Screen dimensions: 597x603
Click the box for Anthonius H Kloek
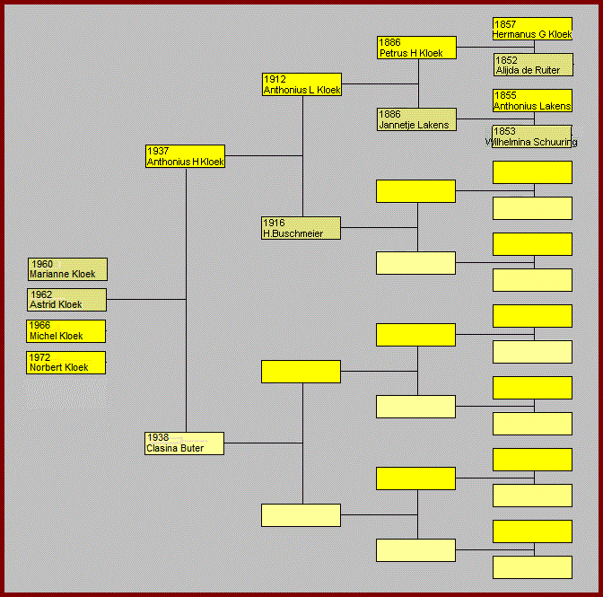point(185,156)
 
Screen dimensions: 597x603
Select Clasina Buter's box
point(184,443)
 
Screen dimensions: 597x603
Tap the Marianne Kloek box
point(67,269)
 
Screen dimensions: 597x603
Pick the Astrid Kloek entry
point(66,300)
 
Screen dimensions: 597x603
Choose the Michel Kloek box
point(66,331)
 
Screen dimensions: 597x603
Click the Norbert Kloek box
point(66,363)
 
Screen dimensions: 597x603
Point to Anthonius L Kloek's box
point(301,84)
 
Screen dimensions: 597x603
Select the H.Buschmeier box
point(301,228)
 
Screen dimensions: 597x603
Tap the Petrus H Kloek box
point(416,48)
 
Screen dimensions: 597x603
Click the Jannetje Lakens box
point(416,119)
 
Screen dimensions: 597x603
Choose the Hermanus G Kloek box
point(532,29)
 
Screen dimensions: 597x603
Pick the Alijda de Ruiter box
point(532,65)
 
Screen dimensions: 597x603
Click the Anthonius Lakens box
point(532,101)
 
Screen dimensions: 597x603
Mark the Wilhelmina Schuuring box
point(532,136)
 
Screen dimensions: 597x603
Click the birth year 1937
point(158,151)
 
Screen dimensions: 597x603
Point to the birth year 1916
point(274,223)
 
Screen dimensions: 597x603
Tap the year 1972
point(40,357)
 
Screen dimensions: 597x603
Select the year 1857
point(505,23)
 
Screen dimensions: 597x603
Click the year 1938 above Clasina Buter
point(158,438)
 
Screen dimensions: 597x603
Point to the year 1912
point(275,79)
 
